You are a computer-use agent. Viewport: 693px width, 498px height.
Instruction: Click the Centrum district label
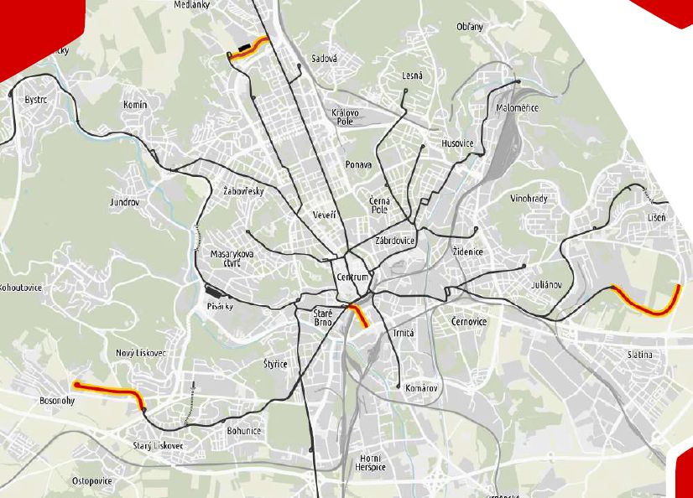(x=352, y=278)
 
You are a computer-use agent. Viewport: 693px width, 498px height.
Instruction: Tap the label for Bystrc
(x=37, y=99)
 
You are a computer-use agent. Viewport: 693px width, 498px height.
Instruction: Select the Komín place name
(x=134, y=105)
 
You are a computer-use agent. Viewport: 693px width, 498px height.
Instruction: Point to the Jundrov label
(x=123, y=203)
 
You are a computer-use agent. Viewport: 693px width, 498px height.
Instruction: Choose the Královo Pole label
(x=345, y=117)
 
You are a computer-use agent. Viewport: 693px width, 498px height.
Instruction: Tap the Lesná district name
(x=412, y=75)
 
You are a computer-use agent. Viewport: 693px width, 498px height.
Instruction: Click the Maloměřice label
(x=517, y=108)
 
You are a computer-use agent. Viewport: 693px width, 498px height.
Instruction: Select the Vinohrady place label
(x=529, y=199)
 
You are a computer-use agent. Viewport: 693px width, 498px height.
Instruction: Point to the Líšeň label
(x=656, y=218)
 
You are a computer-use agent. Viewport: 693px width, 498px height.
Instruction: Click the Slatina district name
(x=639, y=355)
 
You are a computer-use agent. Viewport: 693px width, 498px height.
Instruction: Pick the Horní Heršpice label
(x=370, y=462)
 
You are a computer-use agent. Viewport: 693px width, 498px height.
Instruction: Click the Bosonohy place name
(x=58, y=402)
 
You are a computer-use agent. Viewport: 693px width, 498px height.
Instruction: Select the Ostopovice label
(x=92, y=480)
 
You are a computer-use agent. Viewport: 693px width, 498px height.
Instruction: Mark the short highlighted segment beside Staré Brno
(x=358, y=316)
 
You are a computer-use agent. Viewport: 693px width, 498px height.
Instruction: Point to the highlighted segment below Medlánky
(x=249, y=49)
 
